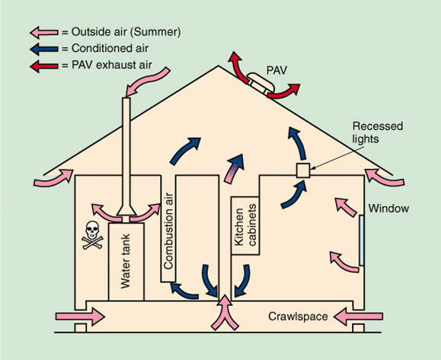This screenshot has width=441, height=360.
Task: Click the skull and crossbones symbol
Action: pyautogui.click(x=92, y=235)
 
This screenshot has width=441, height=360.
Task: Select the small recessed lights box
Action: pyautogui.click(x=303, y=170)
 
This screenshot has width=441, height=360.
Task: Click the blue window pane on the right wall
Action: pyautogui.click(x=362, y=241)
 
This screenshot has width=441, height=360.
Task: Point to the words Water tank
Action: pyautogui.click(x=126, y=261)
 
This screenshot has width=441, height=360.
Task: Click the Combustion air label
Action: pyautogui.click(x=168, y=231)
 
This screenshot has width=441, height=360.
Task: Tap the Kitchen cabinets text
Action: pyautogui.click(x=245, y=225)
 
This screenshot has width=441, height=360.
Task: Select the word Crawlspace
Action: pyautogui.click(x=298, y=317)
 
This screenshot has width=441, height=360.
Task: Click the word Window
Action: pyautogui.click(x=388, y=209)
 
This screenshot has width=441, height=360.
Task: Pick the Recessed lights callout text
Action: pyautogui.click(x=378, y=132)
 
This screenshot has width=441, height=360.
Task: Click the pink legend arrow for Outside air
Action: pyautogui.click(x=44, y=32)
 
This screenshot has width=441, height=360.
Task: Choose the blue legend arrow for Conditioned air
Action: pyautogui.click(x=44, y=49)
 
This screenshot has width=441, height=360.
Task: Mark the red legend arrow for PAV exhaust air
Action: pyautogui.click(x=44, y=66)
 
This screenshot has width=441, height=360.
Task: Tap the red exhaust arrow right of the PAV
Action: pyautogui.click(x=284, y=91)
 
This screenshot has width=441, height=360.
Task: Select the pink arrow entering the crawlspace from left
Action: pyautogui.click(x=80, y=317)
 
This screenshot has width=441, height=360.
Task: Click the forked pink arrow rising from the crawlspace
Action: pyautogui.click(x=225, y=312)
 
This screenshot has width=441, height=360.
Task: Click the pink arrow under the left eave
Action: pyautogui.click(x=53, y=177)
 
